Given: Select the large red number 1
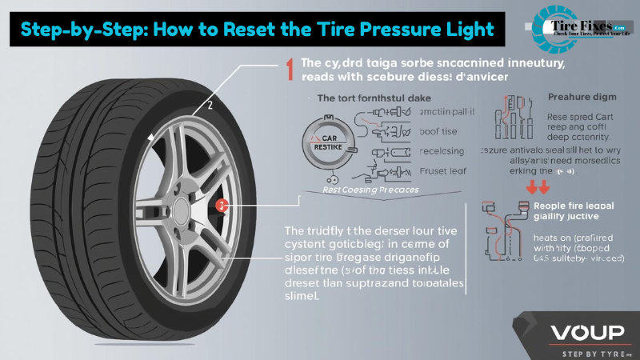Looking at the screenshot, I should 285,70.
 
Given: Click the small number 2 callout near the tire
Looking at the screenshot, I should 210,104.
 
